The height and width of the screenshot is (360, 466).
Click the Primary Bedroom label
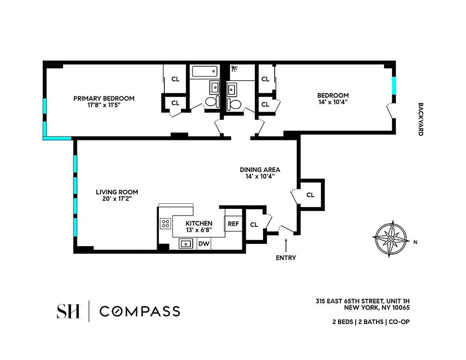pyautogui.click(x=104, y=99)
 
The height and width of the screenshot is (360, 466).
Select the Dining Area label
pyautogui.click(x=260, y=170)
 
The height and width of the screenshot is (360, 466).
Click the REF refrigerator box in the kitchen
pyautogui.click(x=233, y=224)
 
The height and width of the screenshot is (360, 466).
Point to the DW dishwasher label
pyautogui.click(x=204, y=243)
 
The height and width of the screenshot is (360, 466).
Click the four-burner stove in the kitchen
pyautogui.click(x=165, y=224)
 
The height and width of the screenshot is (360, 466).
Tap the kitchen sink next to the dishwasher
pyautogui.click(x=185, y=243)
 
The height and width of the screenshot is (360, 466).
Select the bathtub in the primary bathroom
pyautogui.click(x=204, y=71)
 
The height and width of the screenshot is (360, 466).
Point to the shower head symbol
pyautogui.click(x=234, y=69)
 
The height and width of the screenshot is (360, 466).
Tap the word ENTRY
pyautogui.click(x=286, y=258)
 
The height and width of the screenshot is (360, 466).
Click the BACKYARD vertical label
pyautogui.click(x=421, y=119)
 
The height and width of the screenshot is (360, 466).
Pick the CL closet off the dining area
pyautogui.click(x=310, y=195)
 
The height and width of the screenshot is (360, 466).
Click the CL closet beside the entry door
pyautogui.click(x=254, y=225)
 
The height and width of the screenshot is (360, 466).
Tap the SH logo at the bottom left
pyautogui.click(x=68, y=311)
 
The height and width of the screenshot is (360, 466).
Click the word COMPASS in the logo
pyautogui.click(x=140, y=311)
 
